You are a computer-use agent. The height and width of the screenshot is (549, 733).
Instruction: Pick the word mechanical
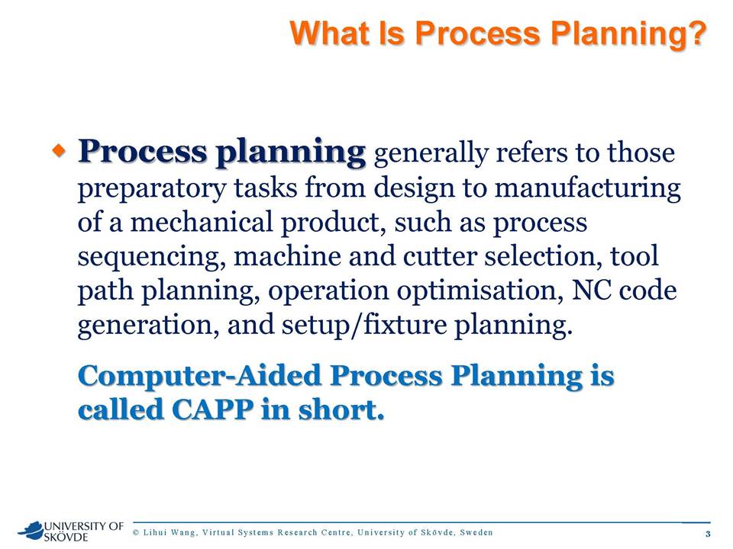[x=201, y=222]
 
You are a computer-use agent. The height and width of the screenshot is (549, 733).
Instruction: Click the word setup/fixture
[x=364, y=325]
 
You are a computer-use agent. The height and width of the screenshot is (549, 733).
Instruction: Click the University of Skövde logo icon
[x=31, y=531]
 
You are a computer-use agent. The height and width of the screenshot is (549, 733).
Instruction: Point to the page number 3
[x=708, y=534]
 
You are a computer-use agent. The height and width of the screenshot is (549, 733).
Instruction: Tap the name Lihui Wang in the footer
[x=169, y=532]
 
